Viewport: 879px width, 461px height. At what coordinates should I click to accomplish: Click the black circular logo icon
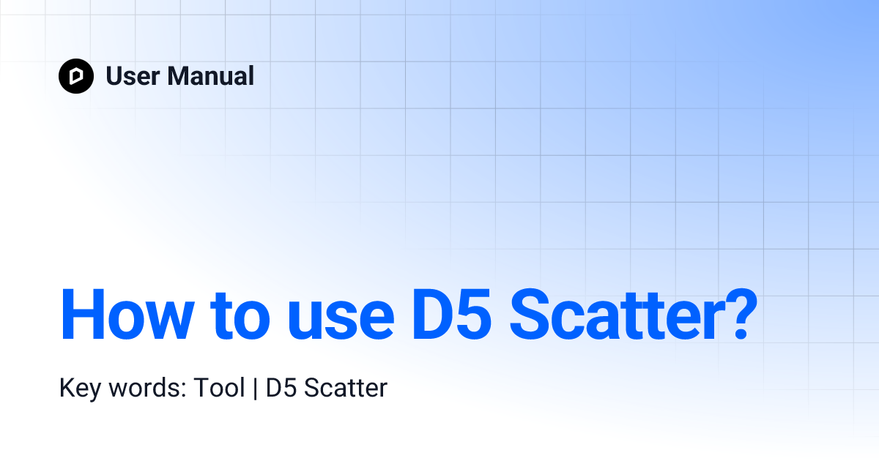point(76,76)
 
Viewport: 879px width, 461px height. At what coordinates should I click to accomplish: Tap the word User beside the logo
point(131,76)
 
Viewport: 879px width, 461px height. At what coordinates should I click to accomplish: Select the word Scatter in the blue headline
point(609,315)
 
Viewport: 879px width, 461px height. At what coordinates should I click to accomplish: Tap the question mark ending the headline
point(730,315)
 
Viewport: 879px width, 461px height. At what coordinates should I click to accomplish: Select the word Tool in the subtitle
point(219,388)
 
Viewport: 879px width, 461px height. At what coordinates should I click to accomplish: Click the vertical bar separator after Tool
point(256,389)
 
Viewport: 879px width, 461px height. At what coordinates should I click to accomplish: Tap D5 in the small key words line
point(281,388)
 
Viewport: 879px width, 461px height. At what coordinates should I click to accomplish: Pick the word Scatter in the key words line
point(345,388)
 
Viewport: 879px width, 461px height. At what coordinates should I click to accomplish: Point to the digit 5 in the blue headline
point(473,315)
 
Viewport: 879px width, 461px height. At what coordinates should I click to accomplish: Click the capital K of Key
point(66,388)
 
